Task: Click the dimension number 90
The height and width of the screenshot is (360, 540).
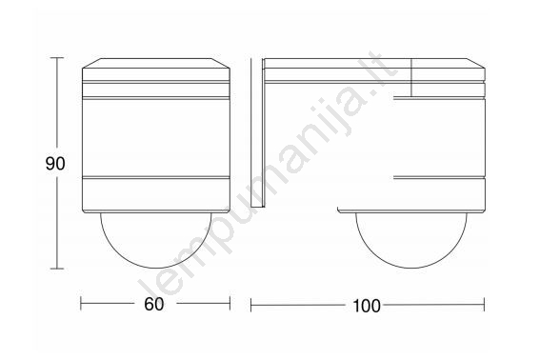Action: point(55,164)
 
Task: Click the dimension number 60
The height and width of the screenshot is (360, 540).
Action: point(154,304)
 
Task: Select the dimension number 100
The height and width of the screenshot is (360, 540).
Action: point(367,306)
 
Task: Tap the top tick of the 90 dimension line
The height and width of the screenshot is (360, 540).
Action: point(57,58)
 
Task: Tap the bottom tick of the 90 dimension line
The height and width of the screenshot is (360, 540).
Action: point(57,269)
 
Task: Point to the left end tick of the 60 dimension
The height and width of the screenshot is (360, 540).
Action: point(81,304)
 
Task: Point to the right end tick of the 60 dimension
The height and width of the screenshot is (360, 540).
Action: point(230,304)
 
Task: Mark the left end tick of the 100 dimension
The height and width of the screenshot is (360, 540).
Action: point(251,305)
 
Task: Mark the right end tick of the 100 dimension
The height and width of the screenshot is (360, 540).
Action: point(484,305)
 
